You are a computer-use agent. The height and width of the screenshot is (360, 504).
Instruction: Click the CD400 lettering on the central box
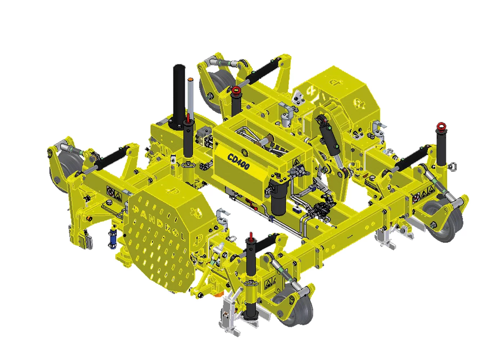click(x=238, y=161)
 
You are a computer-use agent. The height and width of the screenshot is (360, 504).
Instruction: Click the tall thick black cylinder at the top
click(x=179, y=97)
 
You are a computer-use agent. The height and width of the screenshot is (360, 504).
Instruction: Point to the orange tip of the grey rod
click(x=190, y=80)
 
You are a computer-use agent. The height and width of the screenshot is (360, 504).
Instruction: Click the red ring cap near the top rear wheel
click(x=236, y=91)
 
